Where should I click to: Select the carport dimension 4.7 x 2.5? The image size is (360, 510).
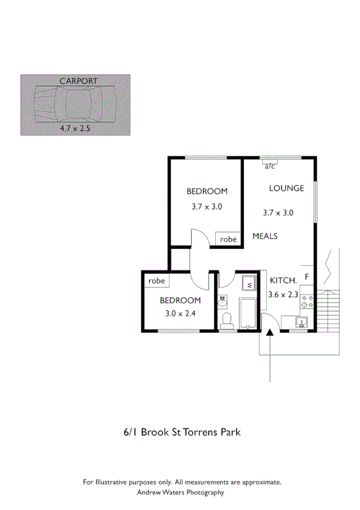(x=75, y=128)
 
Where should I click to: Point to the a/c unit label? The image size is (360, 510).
(x=269, y=167)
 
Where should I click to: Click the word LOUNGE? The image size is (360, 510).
(x=286, y=188)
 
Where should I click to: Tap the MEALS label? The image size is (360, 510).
(x=264, y=236)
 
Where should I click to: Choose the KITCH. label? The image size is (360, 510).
(x=282, y=280)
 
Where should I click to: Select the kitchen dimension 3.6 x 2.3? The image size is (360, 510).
(x=283, y=294)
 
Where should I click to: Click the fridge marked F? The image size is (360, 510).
(x=307, y=277)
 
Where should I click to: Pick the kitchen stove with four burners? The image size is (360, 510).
(x=307, y=301)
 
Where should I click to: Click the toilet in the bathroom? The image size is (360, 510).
(x=227, y=320)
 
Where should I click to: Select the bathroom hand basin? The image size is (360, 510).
(x=223, y=300)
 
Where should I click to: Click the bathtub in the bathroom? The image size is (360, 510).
(x=248, y=313)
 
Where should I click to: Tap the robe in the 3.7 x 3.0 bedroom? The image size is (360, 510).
(x=228, y=239)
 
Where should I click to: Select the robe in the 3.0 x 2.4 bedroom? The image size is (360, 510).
(x=156, y=281)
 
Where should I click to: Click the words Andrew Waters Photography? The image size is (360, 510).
(x=180, y=492)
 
